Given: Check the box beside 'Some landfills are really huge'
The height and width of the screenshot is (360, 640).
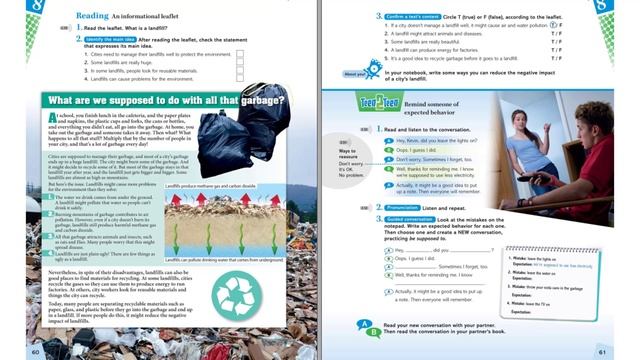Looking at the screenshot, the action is click(240, 62).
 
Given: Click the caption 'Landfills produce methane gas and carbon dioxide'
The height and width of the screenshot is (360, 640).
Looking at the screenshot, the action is click(212, 186).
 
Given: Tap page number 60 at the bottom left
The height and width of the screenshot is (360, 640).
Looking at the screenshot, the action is click(36, 351).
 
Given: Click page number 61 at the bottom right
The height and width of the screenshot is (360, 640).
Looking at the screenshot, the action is click(602, 351).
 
